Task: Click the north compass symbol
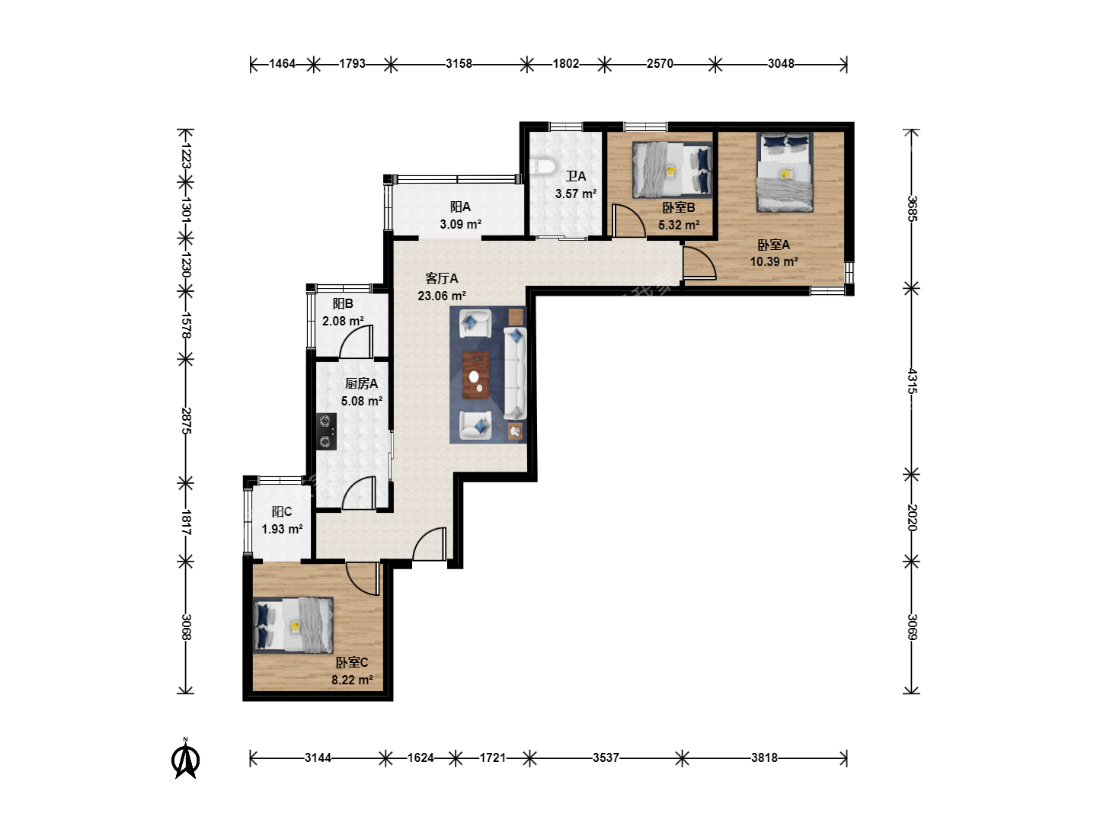click(x=185, y=758)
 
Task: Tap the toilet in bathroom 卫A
click(x=542, y=166)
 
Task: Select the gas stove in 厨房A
click(x=326, y=431)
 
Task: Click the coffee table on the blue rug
click(x=476, y=375)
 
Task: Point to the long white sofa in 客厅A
click(x=515, y=373)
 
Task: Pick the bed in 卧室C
click(x=293, y=625)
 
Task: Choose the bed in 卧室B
click(x=672, y=170)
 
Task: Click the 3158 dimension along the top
click(x=459, y=63)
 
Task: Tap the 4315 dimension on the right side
click(x=912, y=381)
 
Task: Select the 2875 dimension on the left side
click(x=186, y=421)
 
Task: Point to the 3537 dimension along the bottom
click(x=606, y=758)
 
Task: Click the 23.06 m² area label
click(x=442, y=296)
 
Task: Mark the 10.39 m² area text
click(x=774, y=261)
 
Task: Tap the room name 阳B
click(x=343, y=304)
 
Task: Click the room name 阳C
click(x=282, y=511)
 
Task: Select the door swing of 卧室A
click(x=699, y=262)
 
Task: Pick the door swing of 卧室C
click(x=363, y=578)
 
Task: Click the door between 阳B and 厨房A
click(x=357, y=342)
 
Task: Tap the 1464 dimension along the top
click(x=282, y=63)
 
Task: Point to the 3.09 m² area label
click(x=460, y=224)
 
